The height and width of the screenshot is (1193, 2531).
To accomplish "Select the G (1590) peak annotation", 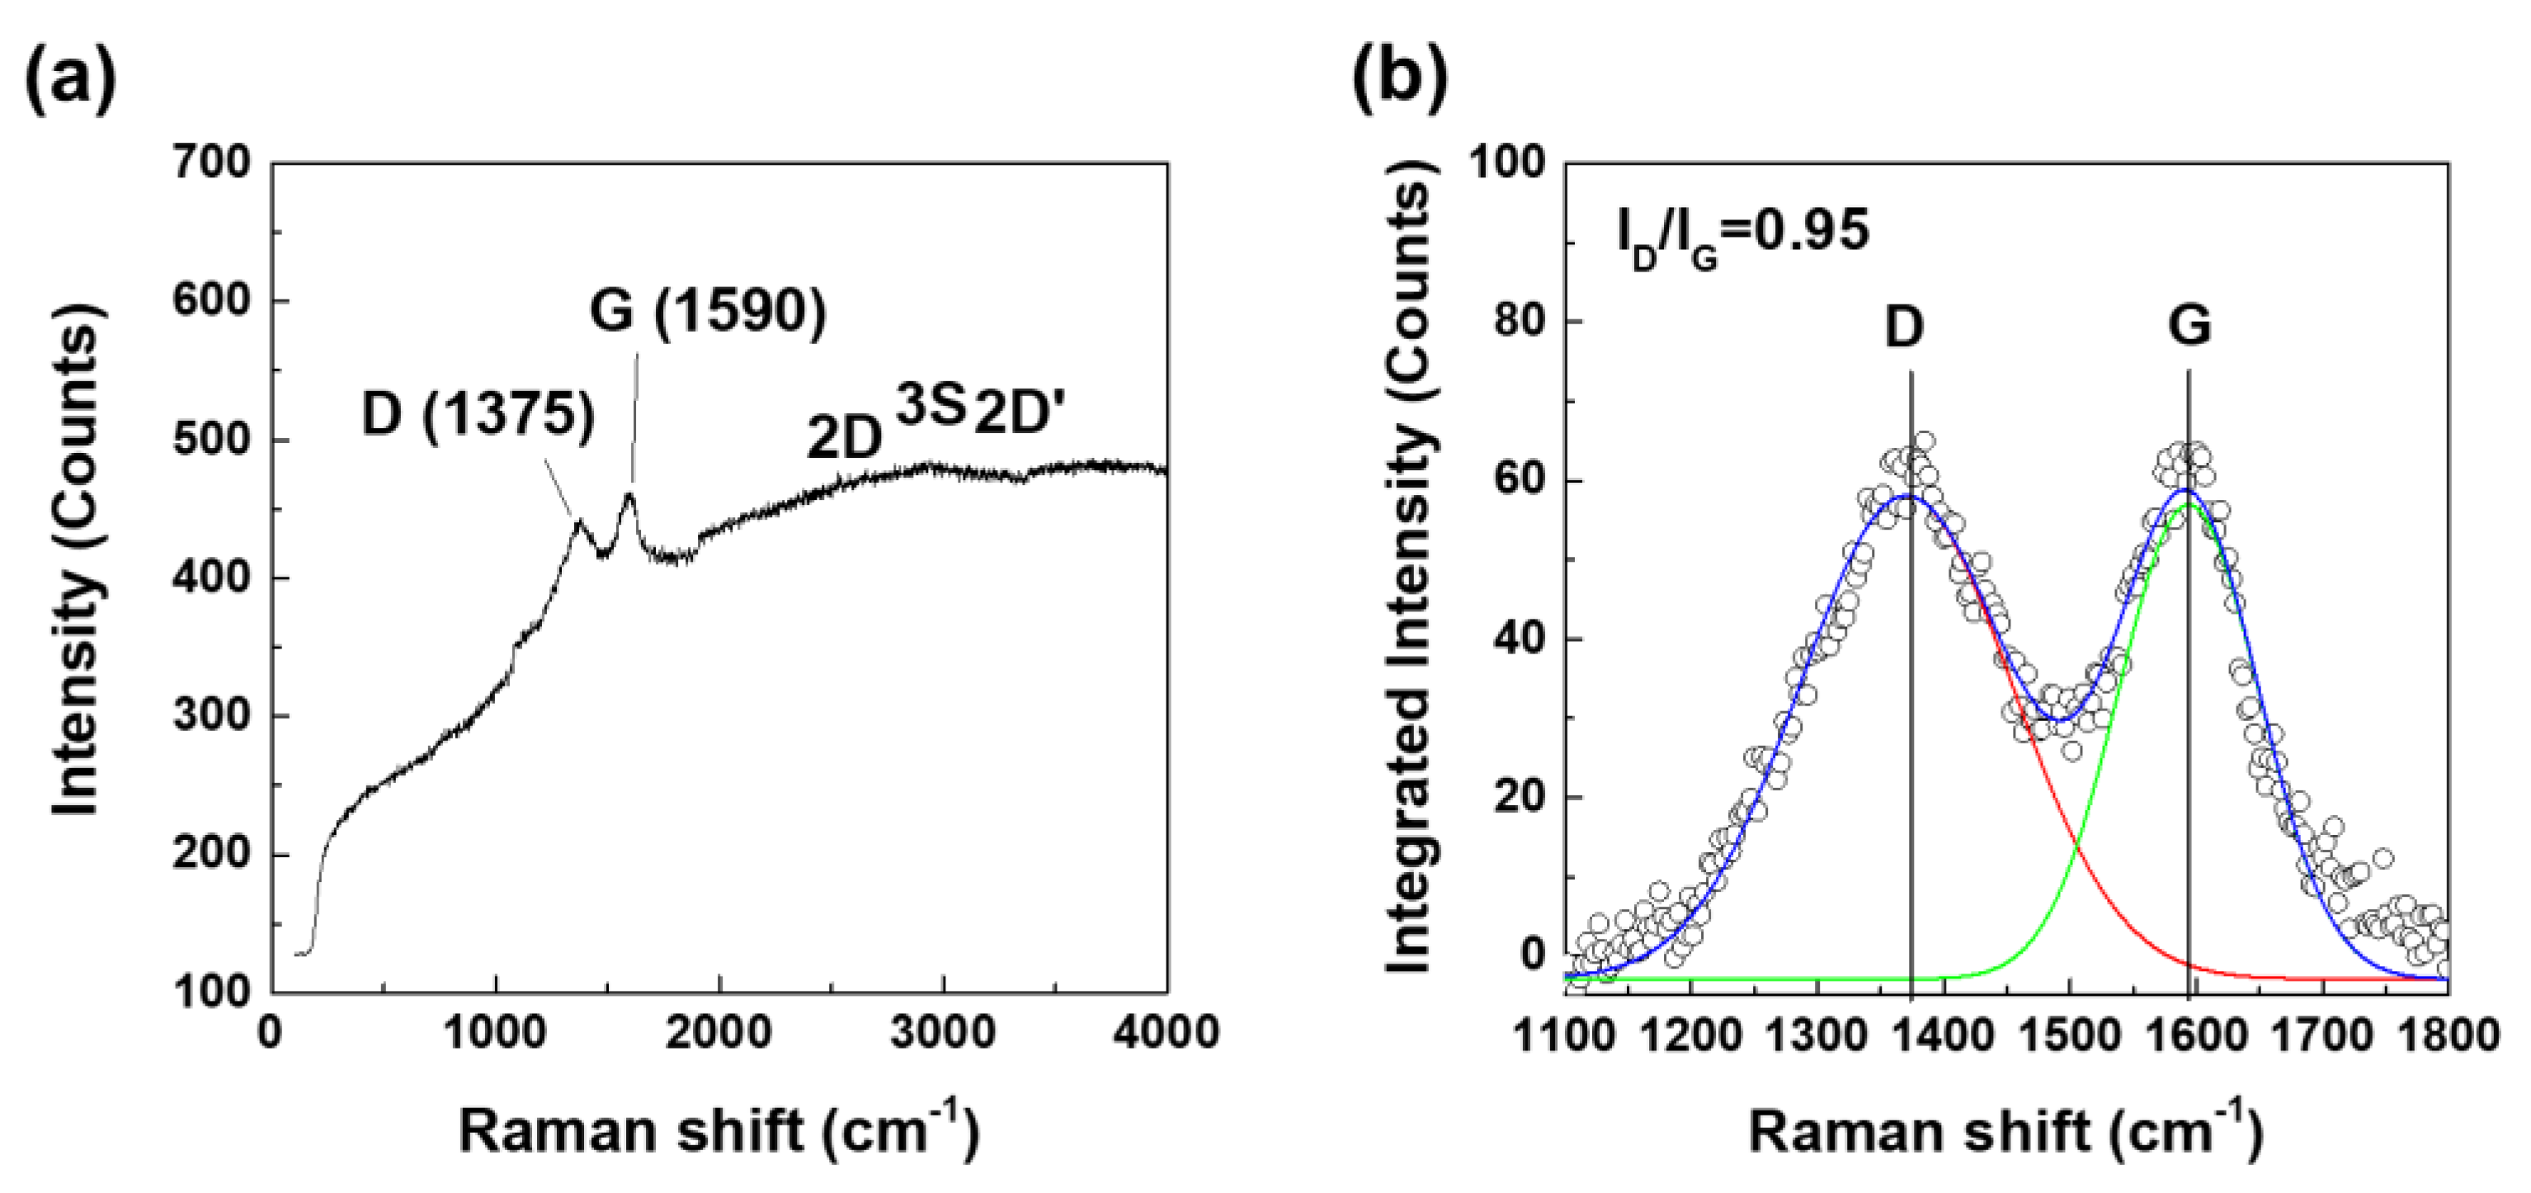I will tap(708, 313).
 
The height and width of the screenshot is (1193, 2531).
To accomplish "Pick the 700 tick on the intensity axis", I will tap(212, 163).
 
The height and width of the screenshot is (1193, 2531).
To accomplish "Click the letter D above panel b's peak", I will tap(1903, 328).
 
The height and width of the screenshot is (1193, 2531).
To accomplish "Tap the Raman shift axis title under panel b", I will tap(2005, 1131).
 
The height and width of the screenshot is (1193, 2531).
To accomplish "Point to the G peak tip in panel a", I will tap(629, 494).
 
